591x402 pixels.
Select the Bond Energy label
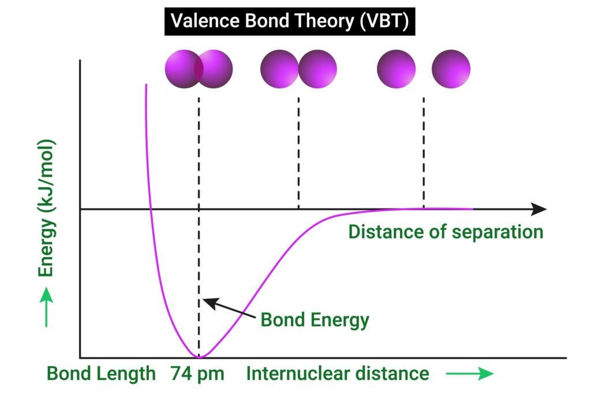point(315,319)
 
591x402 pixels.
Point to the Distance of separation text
point(446,232)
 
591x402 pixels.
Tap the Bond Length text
point(101,374)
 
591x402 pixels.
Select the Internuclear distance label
point(338,374)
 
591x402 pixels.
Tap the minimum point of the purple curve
point(199,357)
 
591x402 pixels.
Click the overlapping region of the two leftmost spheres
point(199,69)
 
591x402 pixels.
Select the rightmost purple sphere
point(451,69)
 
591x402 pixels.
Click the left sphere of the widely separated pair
point(396,69)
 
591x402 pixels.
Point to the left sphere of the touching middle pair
point(279,69)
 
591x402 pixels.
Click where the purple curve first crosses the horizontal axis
point(151,209)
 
